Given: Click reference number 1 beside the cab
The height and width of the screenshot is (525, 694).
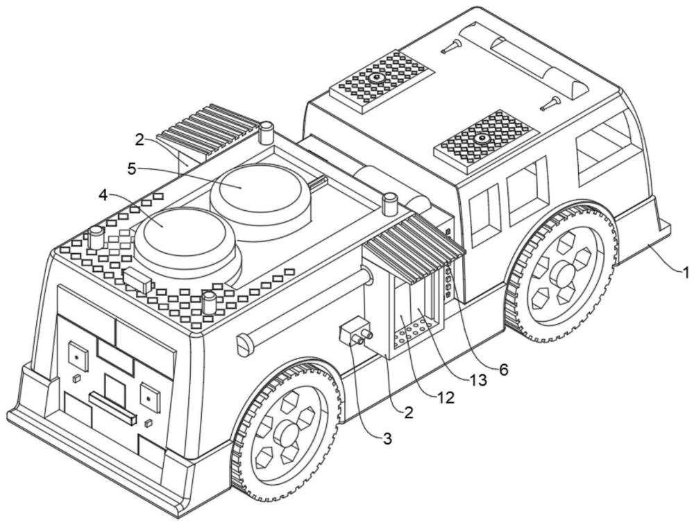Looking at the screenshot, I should tap(686, 273).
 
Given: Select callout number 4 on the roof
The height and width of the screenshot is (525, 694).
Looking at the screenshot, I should tap(103, 195).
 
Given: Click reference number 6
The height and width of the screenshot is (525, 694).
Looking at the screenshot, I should tap(502, 370).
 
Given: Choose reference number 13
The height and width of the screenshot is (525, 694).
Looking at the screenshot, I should tap(477, 381).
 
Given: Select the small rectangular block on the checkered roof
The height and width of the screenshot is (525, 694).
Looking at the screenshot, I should tap(138, 282).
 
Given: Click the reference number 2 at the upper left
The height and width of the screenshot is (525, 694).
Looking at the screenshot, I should tap(139, 139).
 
